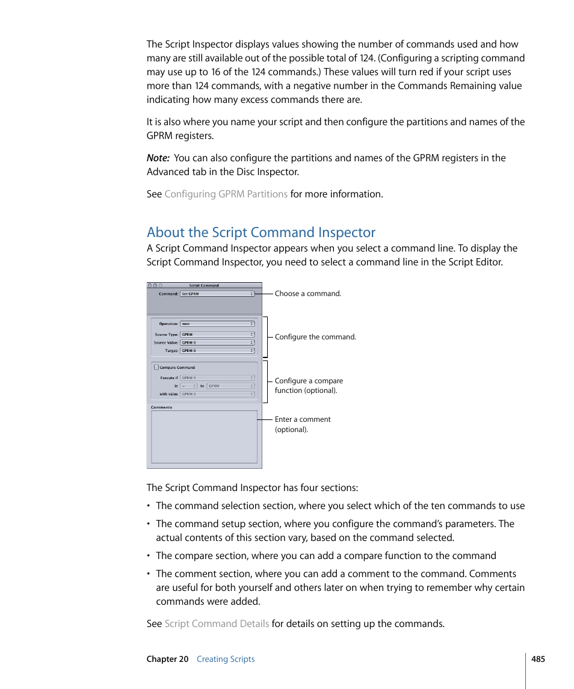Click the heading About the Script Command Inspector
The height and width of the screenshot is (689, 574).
click(261, 232)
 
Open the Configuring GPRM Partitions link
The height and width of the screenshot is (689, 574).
click(226, 194)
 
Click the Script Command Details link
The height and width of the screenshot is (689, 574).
click(217, 623)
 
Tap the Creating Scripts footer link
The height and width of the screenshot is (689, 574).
click(226, 659)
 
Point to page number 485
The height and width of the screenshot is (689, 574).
click(538, 659)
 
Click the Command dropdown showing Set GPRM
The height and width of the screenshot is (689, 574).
click(217, 294)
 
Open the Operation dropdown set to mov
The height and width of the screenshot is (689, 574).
click(217, 324)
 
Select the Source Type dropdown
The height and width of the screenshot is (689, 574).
click(217, 335)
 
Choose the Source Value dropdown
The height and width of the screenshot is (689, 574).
click(217, 342)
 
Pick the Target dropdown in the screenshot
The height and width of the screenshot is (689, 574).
click(217, 350)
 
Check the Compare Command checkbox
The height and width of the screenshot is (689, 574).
click(156, 367)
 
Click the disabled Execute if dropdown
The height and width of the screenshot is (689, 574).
click(217, 378)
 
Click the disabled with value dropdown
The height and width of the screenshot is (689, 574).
click(217, 394)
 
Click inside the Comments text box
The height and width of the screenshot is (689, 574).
click(204, 437)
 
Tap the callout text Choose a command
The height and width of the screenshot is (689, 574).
click(307, 294)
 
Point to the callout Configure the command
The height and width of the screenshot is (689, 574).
click(315, 337)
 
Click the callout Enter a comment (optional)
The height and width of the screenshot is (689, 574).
click(303, 424)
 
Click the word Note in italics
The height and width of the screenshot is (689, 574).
click(158, 158)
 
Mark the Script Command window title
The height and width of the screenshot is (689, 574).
click(204, 285)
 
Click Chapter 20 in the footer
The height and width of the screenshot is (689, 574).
click(167, 659)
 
